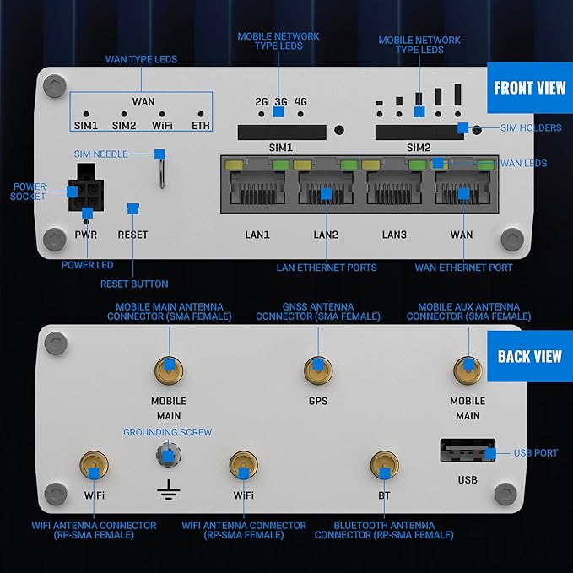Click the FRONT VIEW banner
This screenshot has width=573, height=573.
pos(529,89)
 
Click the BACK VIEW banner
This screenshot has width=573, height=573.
pos(529,356)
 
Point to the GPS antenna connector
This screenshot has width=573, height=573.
pos(317,368)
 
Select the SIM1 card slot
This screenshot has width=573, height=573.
pos(281,131)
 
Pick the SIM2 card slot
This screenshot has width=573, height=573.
pos(419,131)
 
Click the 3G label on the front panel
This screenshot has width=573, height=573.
pos(281,102)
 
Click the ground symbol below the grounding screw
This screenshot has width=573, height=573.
pos(169,490)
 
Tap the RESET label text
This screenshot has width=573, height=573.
pos(132,235)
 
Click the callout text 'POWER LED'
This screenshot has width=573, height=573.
pos(88,265)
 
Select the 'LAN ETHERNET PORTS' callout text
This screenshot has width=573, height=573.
pos(327,268)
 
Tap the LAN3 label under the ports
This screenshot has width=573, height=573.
pos(394,234)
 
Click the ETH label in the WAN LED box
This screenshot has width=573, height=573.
pos(201,126)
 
